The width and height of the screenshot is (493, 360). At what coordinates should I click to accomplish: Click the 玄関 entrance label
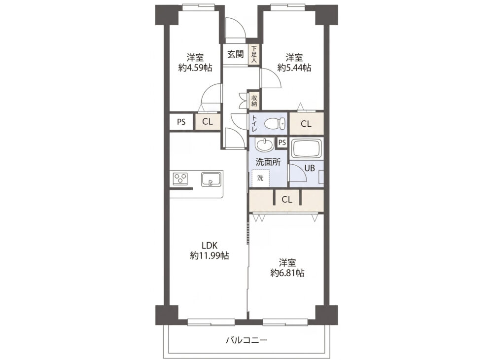(236, 54)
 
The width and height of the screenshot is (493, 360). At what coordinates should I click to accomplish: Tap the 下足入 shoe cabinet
(254, 55)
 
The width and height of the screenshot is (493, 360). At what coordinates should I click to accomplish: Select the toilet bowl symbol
(275, 123)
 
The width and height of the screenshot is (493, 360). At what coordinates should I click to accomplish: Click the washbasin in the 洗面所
(264, 145)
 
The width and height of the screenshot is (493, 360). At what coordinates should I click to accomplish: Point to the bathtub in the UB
(307, 149)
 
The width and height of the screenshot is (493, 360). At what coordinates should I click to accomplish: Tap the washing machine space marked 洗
(260, 178)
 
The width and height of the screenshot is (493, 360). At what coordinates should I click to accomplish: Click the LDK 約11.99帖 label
(209, 251)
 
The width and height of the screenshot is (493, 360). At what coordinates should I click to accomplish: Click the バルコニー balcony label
(247, 340)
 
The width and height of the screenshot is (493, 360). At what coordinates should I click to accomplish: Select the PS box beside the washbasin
(282, 143)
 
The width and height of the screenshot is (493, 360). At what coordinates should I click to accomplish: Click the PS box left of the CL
(181, 122)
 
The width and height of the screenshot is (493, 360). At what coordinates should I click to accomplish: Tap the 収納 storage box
(254, 100)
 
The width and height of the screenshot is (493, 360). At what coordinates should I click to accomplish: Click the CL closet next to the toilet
(306, 124)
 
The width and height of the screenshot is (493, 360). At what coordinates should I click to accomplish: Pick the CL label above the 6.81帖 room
(287, 199)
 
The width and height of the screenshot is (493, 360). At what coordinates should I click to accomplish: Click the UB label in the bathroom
(310, 168)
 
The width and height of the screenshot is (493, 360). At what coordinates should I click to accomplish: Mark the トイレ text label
(254, 123)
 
